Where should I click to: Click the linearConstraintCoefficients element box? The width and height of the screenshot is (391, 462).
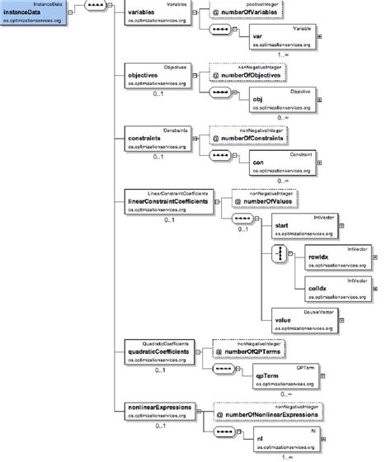161,202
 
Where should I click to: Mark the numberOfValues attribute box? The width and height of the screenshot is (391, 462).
252,200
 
